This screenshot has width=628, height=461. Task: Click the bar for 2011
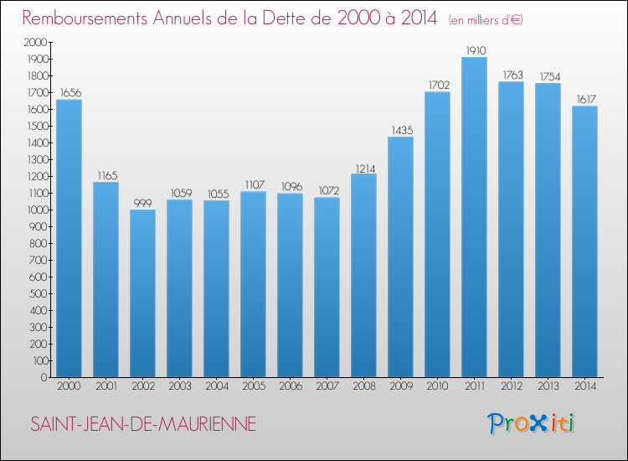pyautogui.click(x=474, y=217)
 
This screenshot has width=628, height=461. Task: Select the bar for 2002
pyautogui.click(x=142, y=293)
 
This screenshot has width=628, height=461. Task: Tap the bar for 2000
pyautogui.click(x=69, y=239)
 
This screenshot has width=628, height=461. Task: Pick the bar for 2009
pyautogui.click(x=400, y=256)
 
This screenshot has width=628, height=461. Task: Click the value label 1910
pyautogui.click(x=474, y=50)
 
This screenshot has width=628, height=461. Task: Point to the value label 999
pyautogui.click(x=142, y=203)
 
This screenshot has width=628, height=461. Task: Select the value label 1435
pyautogui.click(x=400, y=130)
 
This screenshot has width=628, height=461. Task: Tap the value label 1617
pyautogui.click(x=584, y=99)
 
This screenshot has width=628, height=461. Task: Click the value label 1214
pyautogui.click(x=363, y=167)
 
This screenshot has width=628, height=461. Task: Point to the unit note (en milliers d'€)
pyautogui.click(x=486, y=19)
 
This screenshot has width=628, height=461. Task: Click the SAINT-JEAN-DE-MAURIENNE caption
pyautogui.click(x=143, y=425)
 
